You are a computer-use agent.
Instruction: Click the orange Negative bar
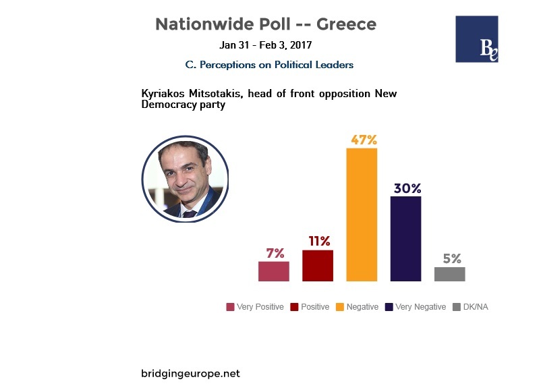tap(361, 214)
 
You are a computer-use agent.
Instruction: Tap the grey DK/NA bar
tap(449, 274)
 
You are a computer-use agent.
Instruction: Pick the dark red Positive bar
tap(317, 265)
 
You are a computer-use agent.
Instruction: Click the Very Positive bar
tap(273, 271)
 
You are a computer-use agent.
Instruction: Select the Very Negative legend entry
tap(416, 307)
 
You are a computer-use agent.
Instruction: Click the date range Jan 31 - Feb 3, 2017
tap(266, 46)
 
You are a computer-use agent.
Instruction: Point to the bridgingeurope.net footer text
tap(190, 373)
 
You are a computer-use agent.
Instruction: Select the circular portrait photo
tap(184, 178)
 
